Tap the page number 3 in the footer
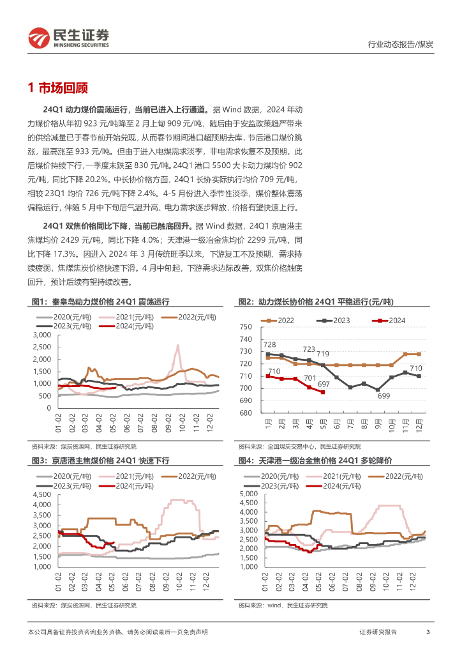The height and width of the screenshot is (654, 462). pos(428,632)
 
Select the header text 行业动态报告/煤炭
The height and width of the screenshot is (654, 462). pos(401,44)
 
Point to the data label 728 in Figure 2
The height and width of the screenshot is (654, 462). pos(269,345)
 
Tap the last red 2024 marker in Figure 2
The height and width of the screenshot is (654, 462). pos(323,392)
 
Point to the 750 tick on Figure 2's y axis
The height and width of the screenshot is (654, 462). pos(246,327)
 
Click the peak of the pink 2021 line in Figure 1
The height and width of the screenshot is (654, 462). pos(177,346)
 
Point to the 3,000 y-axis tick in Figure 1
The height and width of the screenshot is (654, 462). pos(41,335)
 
